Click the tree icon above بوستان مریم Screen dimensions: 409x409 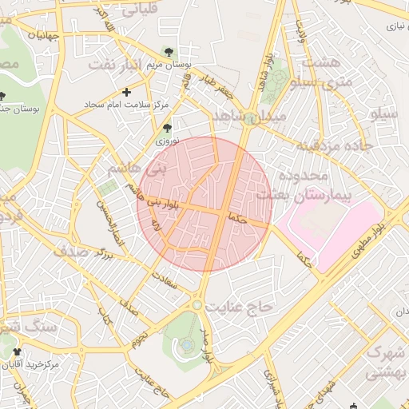click(169, 53)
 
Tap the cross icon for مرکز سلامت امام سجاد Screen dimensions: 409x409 click(126, 93)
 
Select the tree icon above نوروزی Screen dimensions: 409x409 click(166, 128)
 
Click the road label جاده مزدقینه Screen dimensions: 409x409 click(330, 146)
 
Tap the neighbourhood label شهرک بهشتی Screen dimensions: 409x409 click(386, 362)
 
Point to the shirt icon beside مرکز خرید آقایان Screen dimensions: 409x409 click(18, 351)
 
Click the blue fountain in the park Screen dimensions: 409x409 click(186, 344)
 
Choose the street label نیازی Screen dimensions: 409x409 click(397, 26)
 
